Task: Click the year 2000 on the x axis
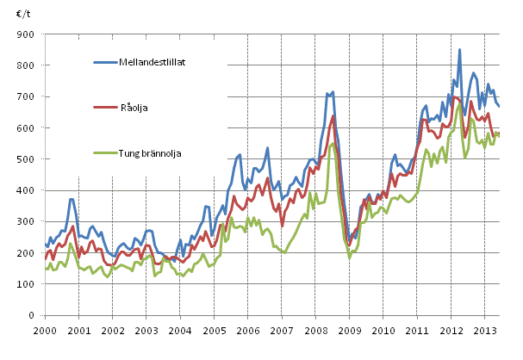pos(45,331)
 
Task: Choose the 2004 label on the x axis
pos(179,331)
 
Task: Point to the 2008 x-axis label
pos(314,331)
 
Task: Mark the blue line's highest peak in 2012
pos(459,50)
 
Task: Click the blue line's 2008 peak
pos(333,91)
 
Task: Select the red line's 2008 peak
pos(333,115)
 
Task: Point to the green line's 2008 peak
pos(333,143)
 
